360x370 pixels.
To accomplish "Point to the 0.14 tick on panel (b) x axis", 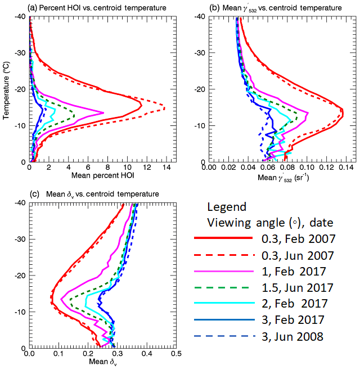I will point(345,168).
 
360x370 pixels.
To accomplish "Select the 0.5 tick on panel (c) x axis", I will point(175,355).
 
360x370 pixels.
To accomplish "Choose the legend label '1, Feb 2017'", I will point(289,272).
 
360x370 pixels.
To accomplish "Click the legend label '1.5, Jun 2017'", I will point(294,288).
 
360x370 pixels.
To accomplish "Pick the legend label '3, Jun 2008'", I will point(289,337).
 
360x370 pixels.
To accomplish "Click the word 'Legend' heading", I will point(226,206).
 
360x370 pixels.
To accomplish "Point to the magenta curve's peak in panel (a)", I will point(104,112).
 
